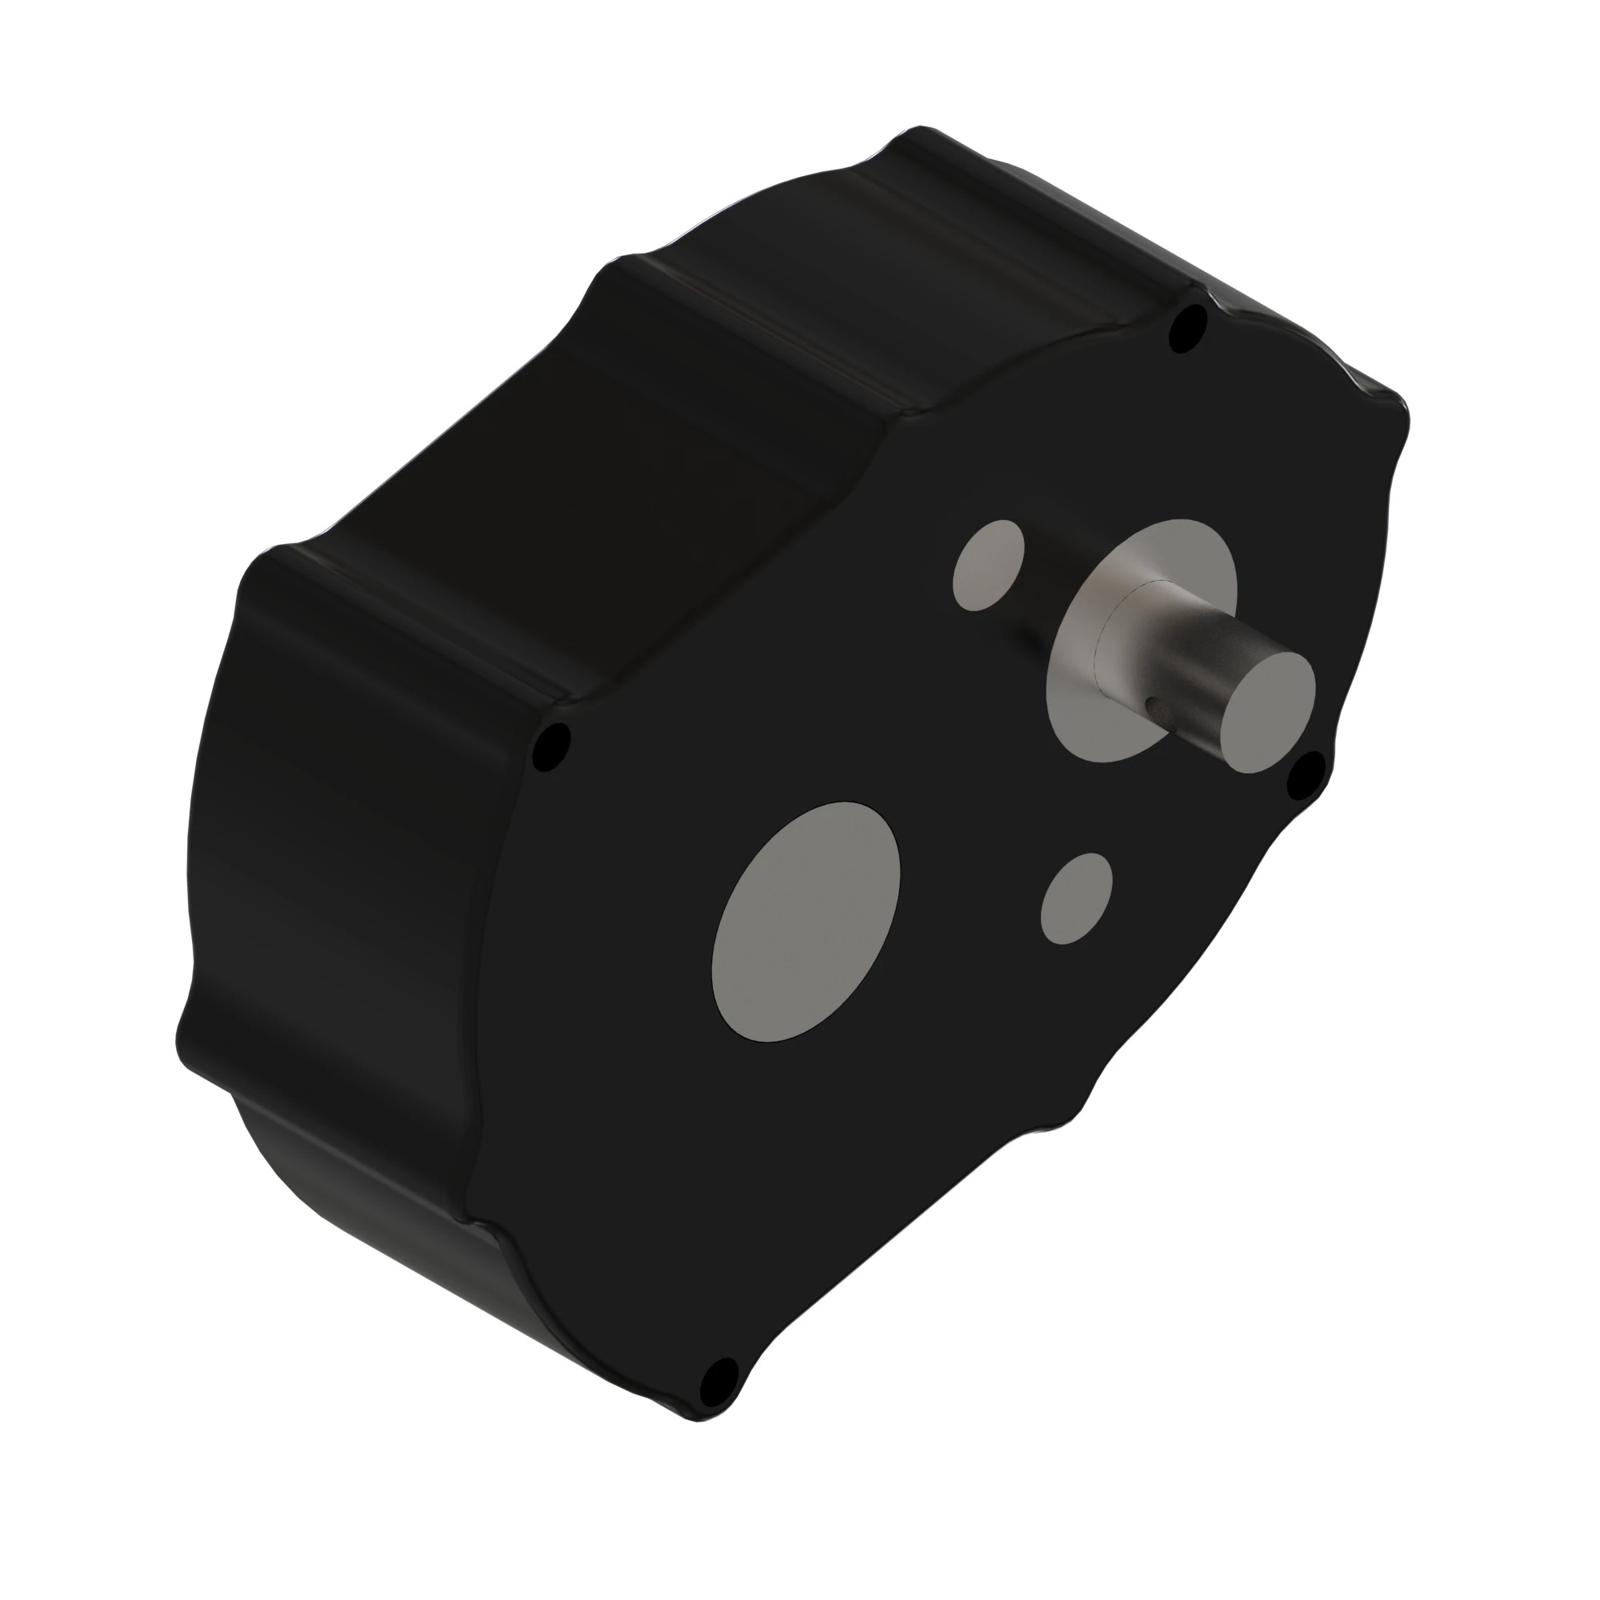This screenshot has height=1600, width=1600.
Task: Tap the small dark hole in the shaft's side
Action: point(1152,704)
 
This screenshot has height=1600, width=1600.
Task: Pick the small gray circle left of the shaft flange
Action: point(988,566)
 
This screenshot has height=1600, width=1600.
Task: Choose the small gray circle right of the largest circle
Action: point(1076,898)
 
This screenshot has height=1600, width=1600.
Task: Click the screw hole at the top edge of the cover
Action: point(1187,327)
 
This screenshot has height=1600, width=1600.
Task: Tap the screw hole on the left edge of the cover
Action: point(550,748)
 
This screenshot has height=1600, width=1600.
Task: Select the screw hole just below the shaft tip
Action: point(1306,775)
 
